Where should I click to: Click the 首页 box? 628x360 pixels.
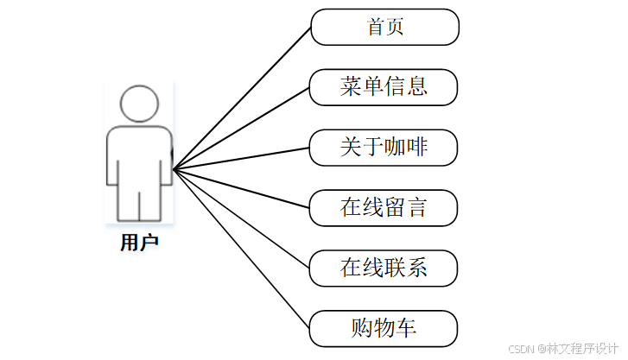[x=384, y=27]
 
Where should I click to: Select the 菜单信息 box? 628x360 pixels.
[x=384, y=87]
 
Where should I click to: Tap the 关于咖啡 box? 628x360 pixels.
[x=384, y=148]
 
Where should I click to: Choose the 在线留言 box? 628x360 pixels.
[x=384, y=208]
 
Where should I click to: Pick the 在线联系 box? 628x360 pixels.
[x=384, y=268]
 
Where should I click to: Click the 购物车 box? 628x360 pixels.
[x=384, y=328]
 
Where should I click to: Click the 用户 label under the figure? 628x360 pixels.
[x=139, y=243]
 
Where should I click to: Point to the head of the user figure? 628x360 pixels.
[x=140, y=103]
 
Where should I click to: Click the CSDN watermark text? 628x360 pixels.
[x=561, y=348]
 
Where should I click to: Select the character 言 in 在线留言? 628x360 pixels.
[x=417, y=208]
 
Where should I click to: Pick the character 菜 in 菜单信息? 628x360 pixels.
[x=352, y=87]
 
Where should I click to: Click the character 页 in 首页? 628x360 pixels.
[x=395, y=27]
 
